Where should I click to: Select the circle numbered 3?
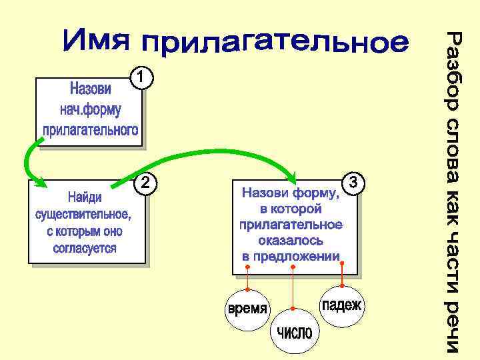[354, 181]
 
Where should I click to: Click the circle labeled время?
[247, 309]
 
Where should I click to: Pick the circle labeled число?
[295, 331]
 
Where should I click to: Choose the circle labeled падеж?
[341, 305]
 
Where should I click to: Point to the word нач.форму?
[91, 109]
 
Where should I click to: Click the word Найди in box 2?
[85, 198]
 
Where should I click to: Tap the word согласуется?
[85, 248]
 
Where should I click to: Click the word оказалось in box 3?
[291, 240]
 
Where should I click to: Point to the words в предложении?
[291, 256]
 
